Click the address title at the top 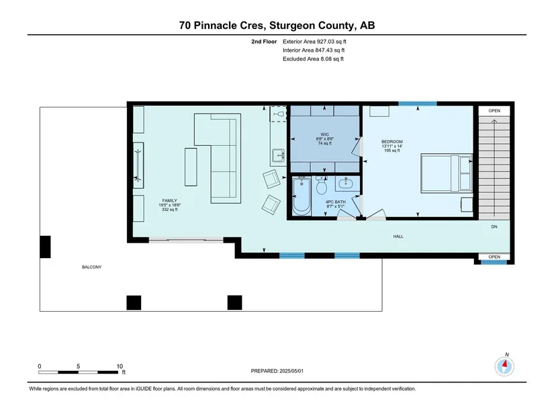click(x=277, y=26)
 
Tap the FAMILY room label click(x=170, y=200)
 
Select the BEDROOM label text click(x=391, y=142)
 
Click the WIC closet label click(x=325, y=134)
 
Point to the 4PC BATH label click(x=335, y=202)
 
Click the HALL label click(x=398, y=237)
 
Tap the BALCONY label click(x=91, y=267)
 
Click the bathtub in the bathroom click(x=302, y=196)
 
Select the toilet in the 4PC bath click(x=322, y=185)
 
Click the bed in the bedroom click(x=447, y=173)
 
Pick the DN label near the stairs click(x=494, y=226)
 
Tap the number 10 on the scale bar click(x=120, y=366)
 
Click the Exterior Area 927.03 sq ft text click(x=314, y=42)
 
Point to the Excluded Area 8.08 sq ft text click(x=313, y=58)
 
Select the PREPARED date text click(x=277, y=371)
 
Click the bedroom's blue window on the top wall click(x=418, y=103)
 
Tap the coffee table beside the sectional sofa click(x=191, y=167)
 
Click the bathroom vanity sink click(x=345, y=183)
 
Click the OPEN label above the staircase click(x=494, y=111)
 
